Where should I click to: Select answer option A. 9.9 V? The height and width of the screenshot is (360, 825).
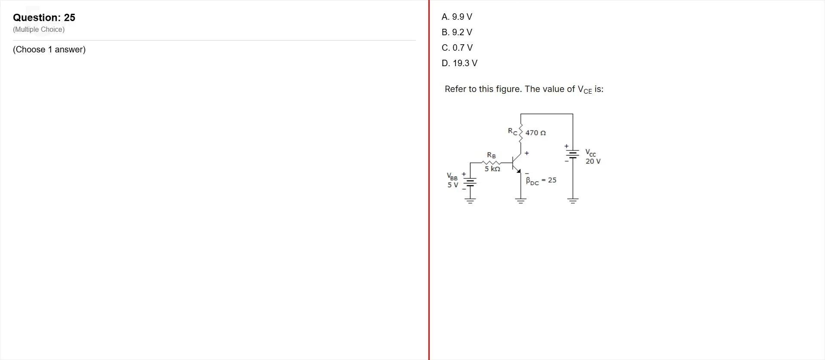point(457,17)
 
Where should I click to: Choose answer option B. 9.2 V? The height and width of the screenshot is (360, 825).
point(457,32)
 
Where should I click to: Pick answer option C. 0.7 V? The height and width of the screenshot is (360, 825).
point(457,48)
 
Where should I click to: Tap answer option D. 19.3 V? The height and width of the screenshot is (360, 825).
point(459,63)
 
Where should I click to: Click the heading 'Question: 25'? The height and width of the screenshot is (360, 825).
point(44,18)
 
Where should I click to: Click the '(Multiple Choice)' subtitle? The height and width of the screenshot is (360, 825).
point(39,29)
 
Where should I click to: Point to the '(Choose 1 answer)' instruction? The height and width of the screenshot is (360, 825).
point(49,49)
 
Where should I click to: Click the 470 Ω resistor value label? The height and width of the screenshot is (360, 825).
point(535,133)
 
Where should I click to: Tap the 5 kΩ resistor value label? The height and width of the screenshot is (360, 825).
point(492,169)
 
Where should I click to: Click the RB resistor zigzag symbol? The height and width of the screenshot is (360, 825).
point(492,163)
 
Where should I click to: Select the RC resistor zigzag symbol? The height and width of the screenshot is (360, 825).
point(521,133)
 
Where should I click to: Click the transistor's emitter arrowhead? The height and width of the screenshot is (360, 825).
point(519,171)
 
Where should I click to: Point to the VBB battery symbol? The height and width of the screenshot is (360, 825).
point(470,182)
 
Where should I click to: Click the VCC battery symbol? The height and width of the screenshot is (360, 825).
point(573,153)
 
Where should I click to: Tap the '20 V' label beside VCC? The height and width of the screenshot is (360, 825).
point(593,162)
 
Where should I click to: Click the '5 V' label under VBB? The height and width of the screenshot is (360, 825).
point(453,185)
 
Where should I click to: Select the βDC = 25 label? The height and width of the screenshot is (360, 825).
point(541,180)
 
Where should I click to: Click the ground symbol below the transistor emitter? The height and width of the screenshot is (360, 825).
point(521,201)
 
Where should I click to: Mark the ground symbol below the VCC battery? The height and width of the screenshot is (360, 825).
point(573,201)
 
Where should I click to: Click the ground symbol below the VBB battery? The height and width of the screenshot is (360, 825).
point(470,201)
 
